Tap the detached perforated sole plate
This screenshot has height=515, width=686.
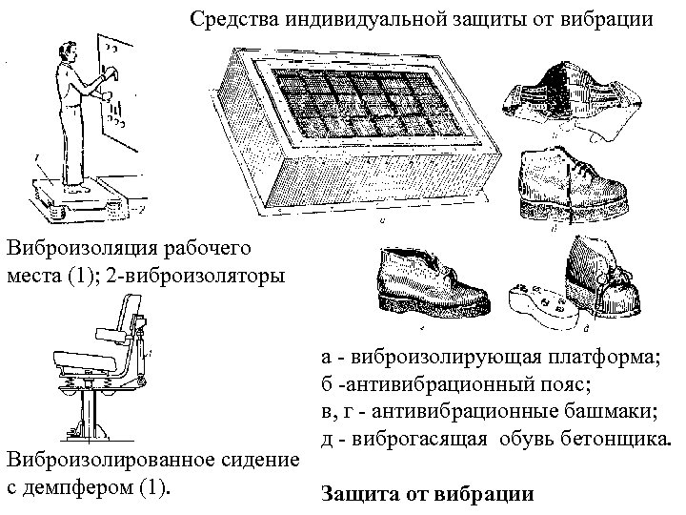pos(537,304)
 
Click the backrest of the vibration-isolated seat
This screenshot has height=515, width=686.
pos(124,324)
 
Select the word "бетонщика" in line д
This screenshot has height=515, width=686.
pos(619,440)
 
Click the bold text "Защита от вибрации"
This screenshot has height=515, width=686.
pos(430,495)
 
